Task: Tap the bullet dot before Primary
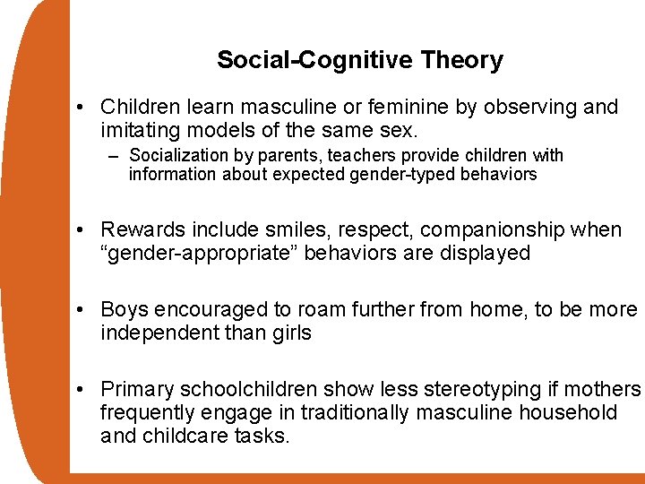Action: click(x=81, y=390)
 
